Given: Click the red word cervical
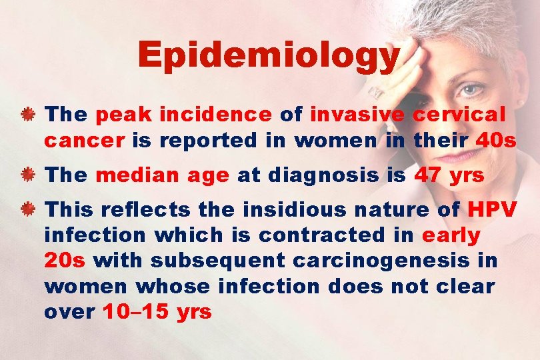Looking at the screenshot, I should pos(459,115).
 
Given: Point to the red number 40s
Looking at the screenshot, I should pos(496,141).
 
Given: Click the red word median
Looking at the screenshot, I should pos(127,176).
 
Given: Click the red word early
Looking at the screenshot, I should pos(451,236).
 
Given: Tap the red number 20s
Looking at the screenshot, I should pos(65,260).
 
